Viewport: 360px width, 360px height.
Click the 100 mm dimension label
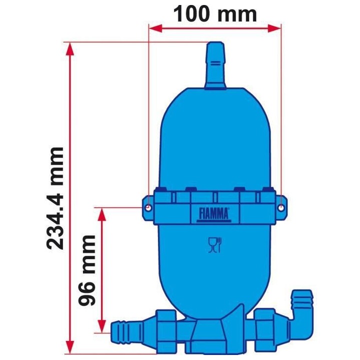click(215, 13)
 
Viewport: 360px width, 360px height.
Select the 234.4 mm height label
click(54, 197)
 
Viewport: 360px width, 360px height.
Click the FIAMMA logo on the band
click(215, 214)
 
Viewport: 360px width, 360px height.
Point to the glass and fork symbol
click(215, 245)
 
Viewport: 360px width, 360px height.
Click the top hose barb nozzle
click(216, 65)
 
